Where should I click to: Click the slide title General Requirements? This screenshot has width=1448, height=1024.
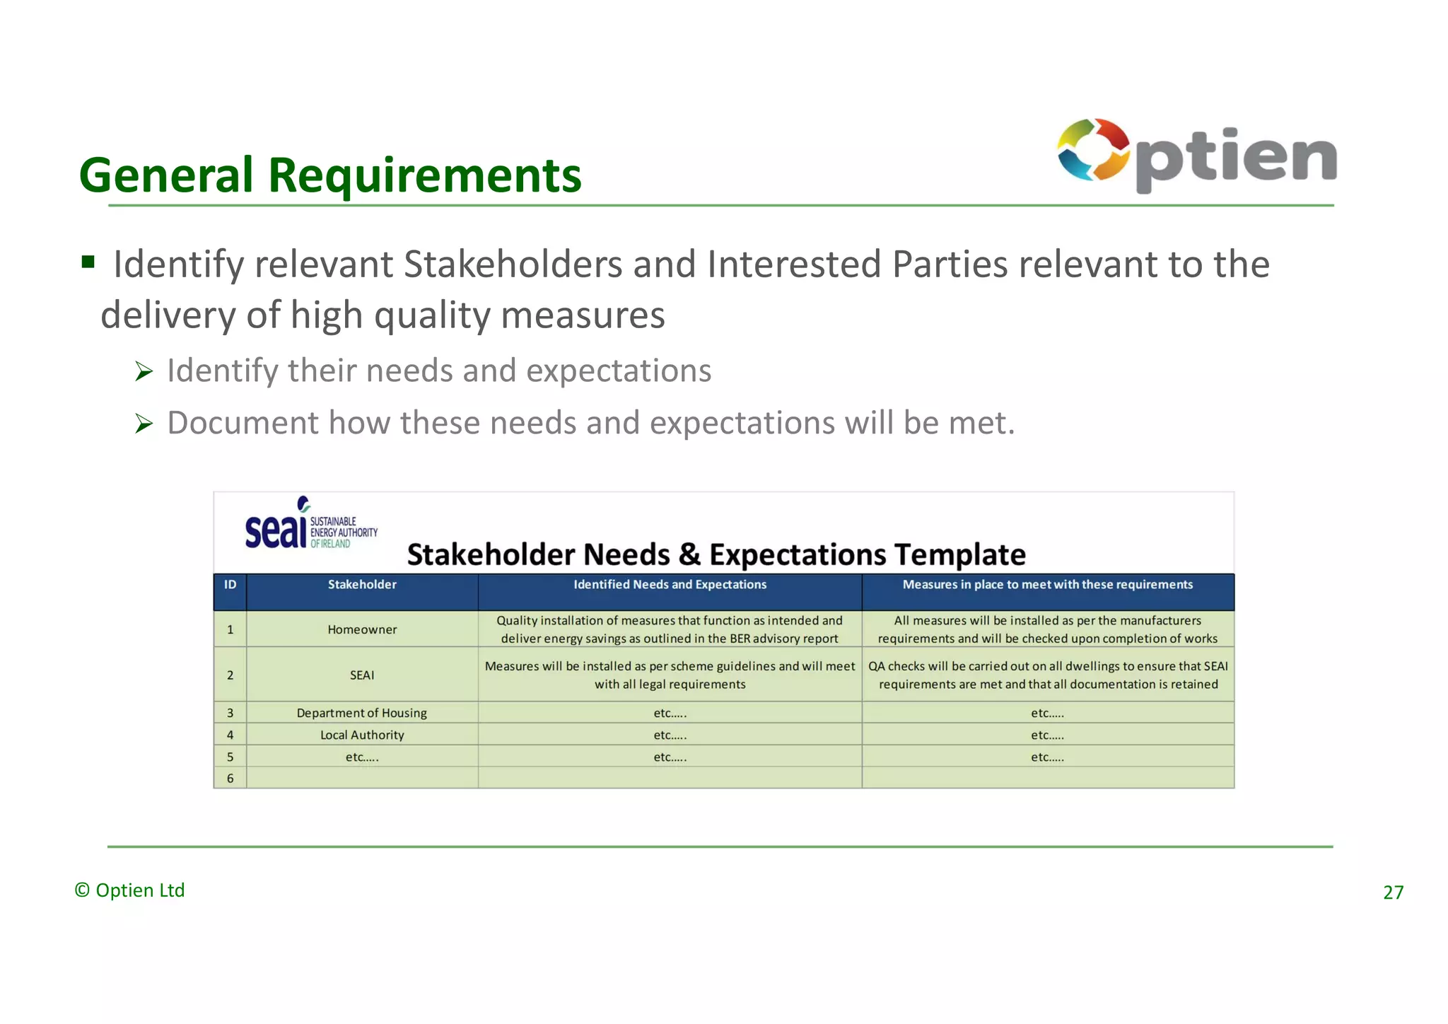[x=330, y=175]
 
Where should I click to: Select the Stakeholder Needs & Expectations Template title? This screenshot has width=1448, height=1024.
[x=716, y=554]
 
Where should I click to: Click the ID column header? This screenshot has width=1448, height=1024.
[x=230, y=585]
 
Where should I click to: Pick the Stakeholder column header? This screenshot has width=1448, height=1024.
[x=362, y=585]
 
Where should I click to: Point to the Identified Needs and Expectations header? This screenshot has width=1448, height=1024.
[x=670, y=585]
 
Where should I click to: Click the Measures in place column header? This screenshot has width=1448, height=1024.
[x=1047, y=585]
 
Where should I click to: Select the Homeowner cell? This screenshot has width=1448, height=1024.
[x=362, y=629]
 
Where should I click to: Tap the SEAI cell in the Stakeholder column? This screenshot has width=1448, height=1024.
[x=362, y=675]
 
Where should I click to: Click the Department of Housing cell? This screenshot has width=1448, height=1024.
[x=362, y=713]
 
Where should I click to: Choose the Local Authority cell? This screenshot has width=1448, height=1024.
[x=362, y=735]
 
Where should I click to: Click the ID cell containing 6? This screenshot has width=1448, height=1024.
[x=230, y=779]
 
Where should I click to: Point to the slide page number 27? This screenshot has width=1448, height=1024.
[x=1393, y=892]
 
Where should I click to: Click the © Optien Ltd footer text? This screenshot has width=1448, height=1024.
[x=130, y=890]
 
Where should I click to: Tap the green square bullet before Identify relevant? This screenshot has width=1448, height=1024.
[x=88, y=263]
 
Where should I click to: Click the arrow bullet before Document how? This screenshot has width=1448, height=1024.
[x=144, y=424]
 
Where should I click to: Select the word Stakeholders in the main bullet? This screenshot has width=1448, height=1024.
[x=513, y=264]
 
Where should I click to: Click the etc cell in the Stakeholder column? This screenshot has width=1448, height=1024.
[x=362, y=757]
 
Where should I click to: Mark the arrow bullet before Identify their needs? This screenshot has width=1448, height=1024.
[x=144, y=371]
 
